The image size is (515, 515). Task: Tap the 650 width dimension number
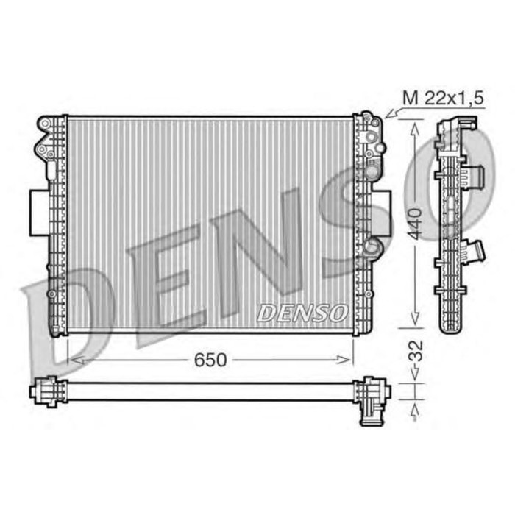point(210,360)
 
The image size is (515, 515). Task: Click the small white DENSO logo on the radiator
point(302,313)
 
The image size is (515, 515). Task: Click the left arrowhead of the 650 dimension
point(74,360)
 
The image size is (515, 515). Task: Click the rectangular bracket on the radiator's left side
point(38,213)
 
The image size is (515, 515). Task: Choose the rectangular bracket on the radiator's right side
point(383,213)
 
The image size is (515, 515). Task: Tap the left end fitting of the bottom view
point(46,391)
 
